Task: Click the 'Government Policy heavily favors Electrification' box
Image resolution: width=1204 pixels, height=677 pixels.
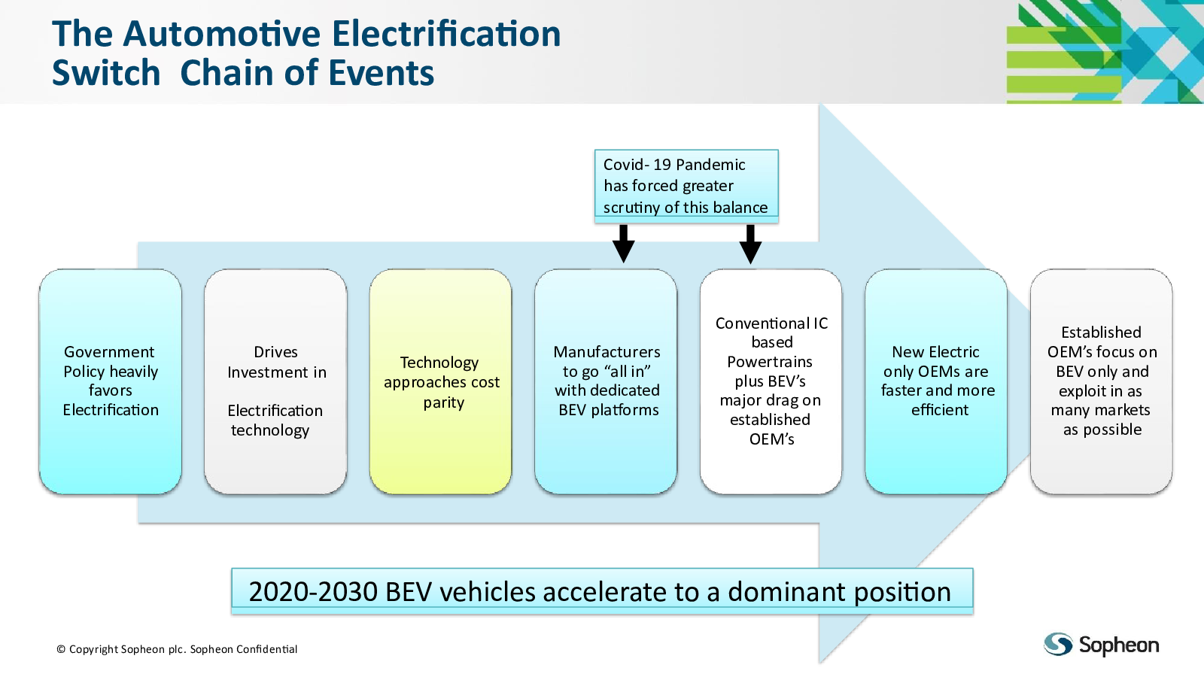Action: click(x=110, y=381)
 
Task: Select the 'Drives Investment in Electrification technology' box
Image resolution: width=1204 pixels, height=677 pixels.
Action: click(x=275, y=381)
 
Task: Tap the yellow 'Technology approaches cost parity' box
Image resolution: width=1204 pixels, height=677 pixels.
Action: click(x=441, y=381)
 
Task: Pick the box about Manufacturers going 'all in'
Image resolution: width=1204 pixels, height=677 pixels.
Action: click(x=606, y=381)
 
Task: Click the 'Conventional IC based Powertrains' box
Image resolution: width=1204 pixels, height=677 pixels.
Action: click(x=771, y=381)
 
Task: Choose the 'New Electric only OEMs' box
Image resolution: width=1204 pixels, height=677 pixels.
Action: click(x=936, y=381)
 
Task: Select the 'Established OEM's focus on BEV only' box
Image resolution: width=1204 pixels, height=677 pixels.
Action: click(x=1102, y=381)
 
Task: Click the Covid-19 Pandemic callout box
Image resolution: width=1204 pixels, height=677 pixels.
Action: click(x=686, y=186)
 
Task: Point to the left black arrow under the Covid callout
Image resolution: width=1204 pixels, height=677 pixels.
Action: click(x=624, y=244)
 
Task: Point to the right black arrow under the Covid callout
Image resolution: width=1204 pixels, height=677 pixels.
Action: click(x=750, y=244)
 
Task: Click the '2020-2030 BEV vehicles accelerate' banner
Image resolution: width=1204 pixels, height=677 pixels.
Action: click(x=602, y=591)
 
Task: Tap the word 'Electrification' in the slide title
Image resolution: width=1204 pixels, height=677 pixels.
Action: click(x=446, y=33)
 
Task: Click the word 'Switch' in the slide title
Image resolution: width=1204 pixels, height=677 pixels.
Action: click(x=106, y=72)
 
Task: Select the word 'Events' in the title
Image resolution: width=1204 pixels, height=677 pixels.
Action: click(x=381, y=72)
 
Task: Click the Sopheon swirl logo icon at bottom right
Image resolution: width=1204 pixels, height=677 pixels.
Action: click(x=1058, y=644)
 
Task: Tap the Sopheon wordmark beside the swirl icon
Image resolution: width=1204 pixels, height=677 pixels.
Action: click(x=1118, y=645)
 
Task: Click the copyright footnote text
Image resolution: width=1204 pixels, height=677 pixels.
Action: click(x=177, y=649)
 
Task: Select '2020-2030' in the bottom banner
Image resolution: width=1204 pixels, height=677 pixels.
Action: click(x=313, y=591)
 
